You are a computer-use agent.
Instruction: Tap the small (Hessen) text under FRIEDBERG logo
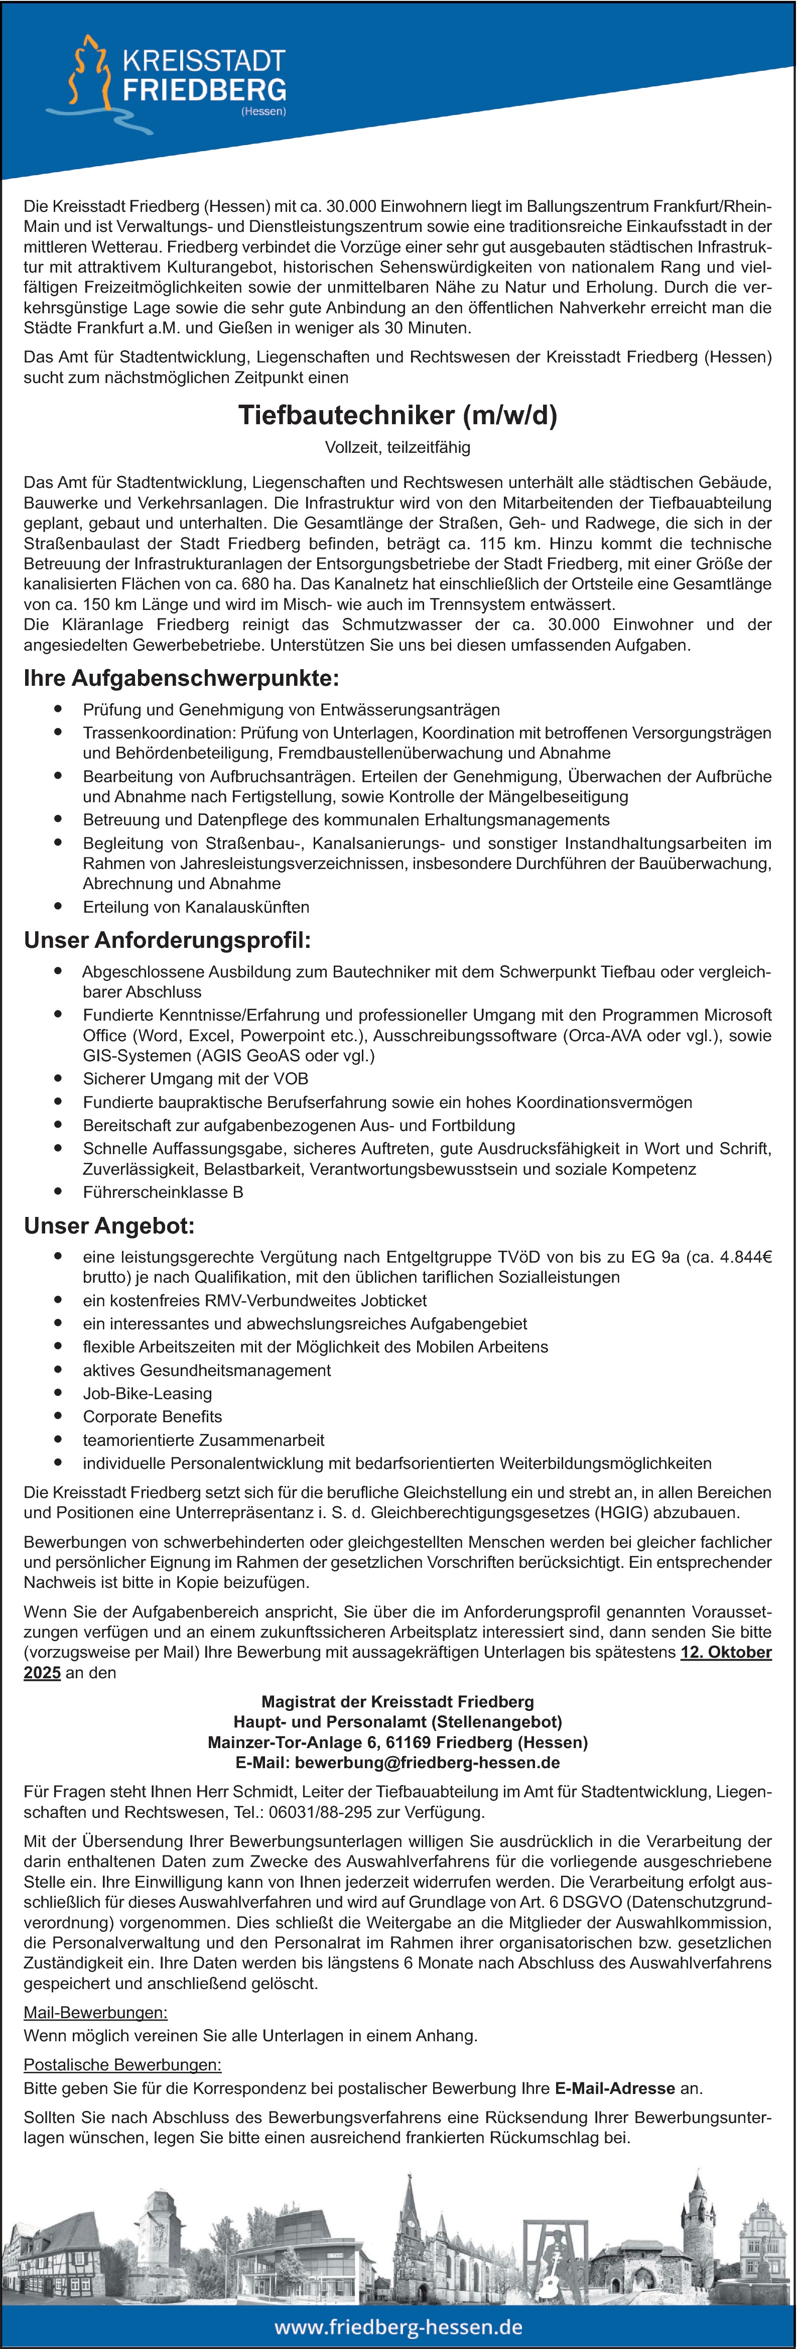[263, 111]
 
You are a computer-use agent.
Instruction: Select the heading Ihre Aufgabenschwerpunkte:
[182, 678]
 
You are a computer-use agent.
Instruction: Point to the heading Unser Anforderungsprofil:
[168, 940]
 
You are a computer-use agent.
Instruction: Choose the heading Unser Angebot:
[109, 1225]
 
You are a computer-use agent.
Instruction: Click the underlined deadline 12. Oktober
[726, 1652]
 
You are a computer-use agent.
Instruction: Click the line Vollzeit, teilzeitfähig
[397, 448]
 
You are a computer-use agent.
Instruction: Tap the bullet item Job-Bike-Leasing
[148, 1393]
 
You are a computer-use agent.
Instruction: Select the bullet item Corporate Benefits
[152, 1416]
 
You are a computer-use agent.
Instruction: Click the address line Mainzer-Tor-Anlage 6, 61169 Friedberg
[397, 1743]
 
